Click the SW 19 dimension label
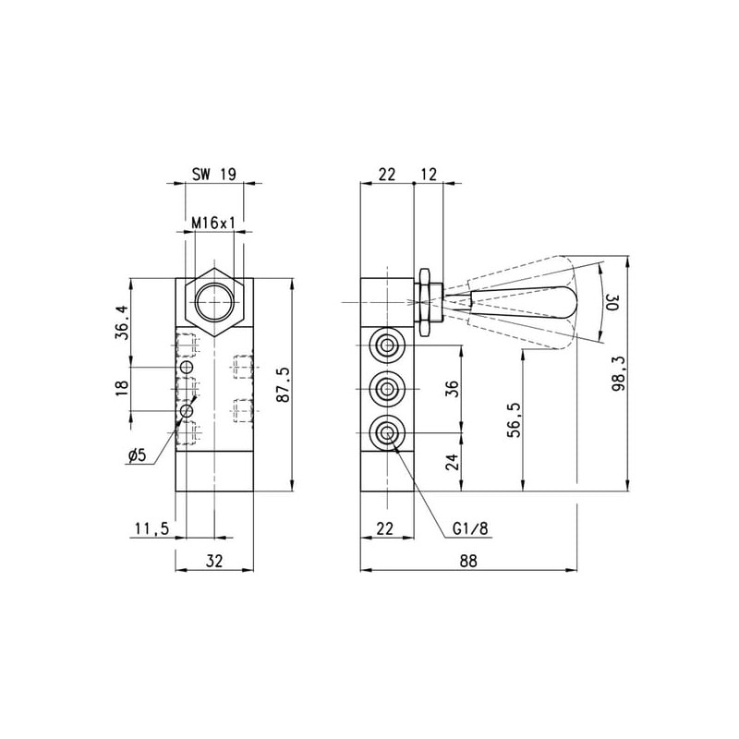214,175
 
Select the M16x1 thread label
214,224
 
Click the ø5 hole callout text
138,455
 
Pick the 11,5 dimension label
151,528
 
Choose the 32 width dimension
214,561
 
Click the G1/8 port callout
470,528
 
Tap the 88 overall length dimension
468,561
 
